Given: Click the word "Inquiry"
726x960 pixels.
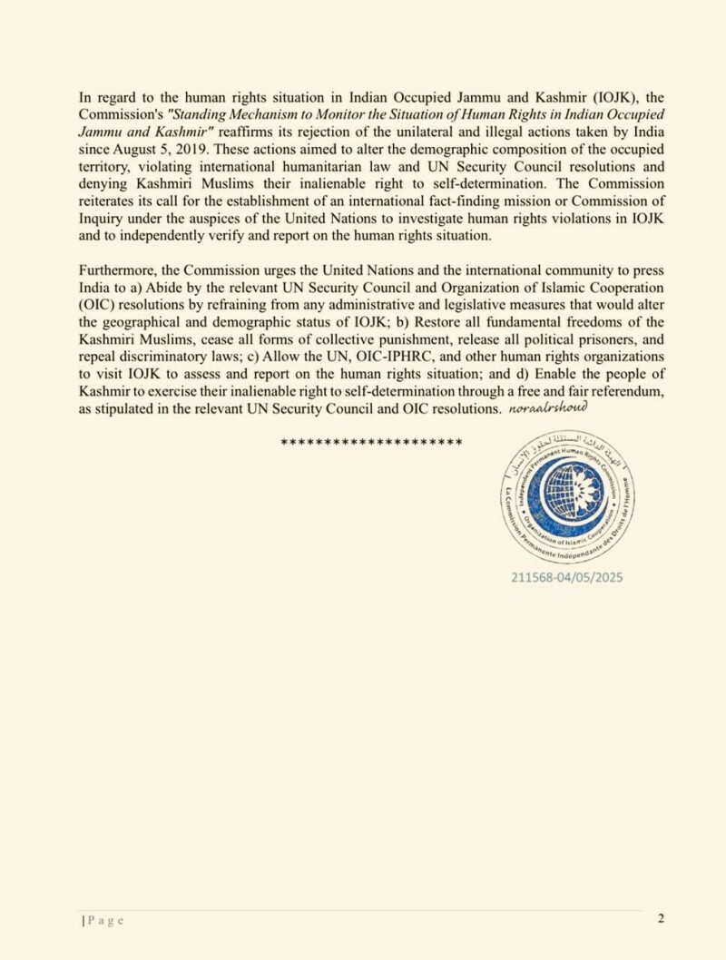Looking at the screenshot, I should point(102,219).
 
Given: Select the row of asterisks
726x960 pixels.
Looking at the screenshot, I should point(372,442).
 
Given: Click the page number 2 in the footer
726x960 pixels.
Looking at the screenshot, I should point(662,918).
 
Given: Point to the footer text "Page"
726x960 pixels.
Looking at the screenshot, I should point(105,920).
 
